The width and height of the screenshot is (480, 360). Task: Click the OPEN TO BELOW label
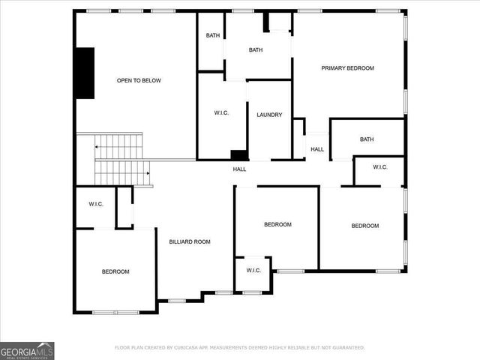pyautogui.click(x=139, y=80)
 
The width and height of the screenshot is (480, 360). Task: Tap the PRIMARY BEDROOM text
pyautogui.click(x=347, y=68)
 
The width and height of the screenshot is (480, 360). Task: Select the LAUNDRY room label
pyautogui.click(x=269, y=115)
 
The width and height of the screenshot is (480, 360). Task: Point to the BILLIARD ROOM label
pyautogui.click(x=189, y=241)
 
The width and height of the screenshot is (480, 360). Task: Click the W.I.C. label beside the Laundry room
pyautogui.click(x=221, y=113)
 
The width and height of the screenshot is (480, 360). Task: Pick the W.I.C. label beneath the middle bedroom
pyautogui.click(x=253, y=270)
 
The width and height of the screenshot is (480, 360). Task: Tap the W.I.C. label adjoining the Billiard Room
pyautogui.click(x=95, y=204)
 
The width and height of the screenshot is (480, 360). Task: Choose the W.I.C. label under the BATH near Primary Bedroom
pyautogui.click(x=379, y=166)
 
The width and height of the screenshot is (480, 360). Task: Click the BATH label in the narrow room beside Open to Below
pyautogui.click(x=212, y=35)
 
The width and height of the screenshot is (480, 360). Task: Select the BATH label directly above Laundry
pyautogui.click(x=256, y=50)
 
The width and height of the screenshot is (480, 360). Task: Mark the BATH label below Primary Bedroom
pyautogui.click(x=367, y=139)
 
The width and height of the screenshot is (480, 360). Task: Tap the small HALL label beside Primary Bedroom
pyautogui.click(x=317, y=149)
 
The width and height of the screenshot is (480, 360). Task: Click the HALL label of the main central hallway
pyautogui.click(x=239, y=169)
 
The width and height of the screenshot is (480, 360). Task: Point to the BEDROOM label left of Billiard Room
pyautogui.click(x=115, y=271)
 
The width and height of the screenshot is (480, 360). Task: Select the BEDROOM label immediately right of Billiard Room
pyautogui.click(x=277, y=224)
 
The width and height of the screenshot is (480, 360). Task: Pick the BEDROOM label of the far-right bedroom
pyautogui.click(x=365, y=226)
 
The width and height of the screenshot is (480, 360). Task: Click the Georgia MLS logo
pyautogui.click(x=27, y=350)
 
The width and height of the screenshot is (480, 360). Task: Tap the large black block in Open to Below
pyautogui.click(x=85, y=73)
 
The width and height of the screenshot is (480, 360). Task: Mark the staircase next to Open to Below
pyautogui.click(x=120, y=159)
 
